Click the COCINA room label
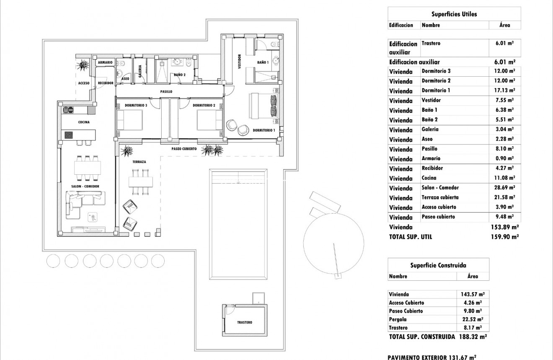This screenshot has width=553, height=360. coord(83,122)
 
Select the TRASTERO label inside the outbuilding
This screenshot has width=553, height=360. coord(244,323)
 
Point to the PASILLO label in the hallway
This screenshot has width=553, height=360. coord(166,91)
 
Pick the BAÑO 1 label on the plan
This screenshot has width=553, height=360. coord(263,63)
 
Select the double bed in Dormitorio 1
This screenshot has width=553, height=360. coord(263,106)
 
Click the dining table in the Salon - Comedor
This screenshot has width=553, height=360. coord(88,168)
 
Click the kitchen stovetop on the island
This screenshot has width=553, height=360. coord(68,135)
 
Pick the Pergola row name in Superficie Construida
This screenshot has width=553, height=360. coord(398,319)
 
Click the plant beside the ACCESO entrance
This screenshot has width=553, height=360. coord(83,65)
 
